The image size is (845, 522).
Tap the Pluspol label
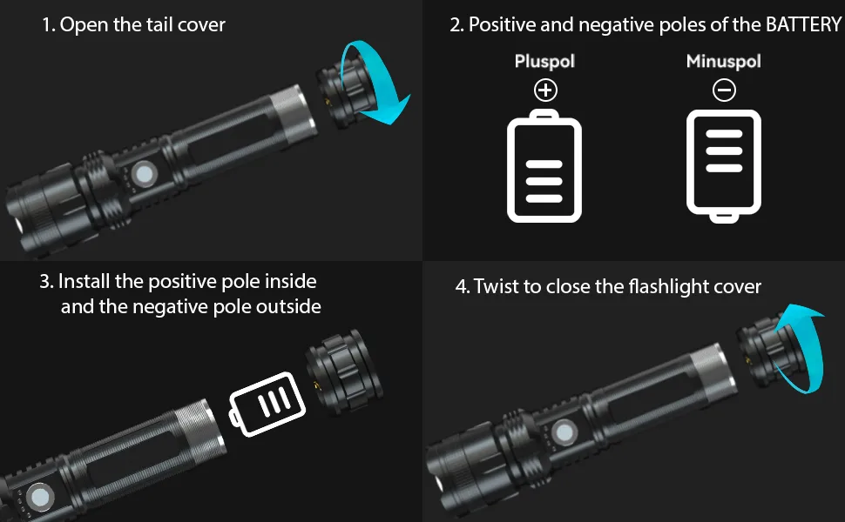coord(544,62)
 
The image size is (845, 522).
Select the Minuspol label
coord(724,61)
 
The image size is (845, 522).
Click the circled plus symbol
coord(545,90)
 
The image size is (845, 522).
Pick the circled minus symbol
coord(724,90)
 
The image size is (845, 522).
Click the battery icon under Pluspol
coord(544,166)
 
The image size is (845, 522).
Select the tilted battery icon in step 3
coord(267,404)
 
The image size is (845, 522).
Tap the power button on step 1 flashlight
coord(145,174)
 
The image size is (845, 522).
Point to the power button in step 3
coord(40,497)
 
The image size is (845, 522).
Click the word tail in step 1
coord(159,24)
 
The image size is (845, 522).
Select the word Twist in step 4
coord(505,286)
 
